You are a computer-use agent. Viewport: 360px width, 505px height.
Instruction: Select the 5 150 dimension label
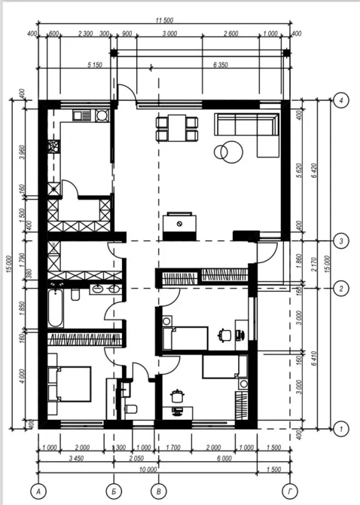tap(74, 65)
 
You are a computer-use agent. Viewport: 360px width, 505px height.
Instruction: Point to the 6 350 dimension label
tap(221, 65)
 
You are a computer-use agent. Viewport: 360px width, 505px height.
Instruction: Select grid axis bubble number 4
tap(341, 99)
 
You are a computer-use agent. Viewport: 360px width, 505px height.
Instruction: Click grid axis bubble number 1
tap(341, 428)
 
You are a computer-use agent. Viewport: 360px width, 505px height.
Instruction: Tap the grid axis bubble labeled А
tap(39, 491)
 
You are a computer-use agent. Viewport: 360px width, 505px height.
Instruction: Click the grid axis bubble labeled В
tap(157, 491)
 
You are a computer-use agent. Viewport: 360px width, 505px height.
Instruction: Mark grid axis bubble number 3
tap(341, 241)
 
